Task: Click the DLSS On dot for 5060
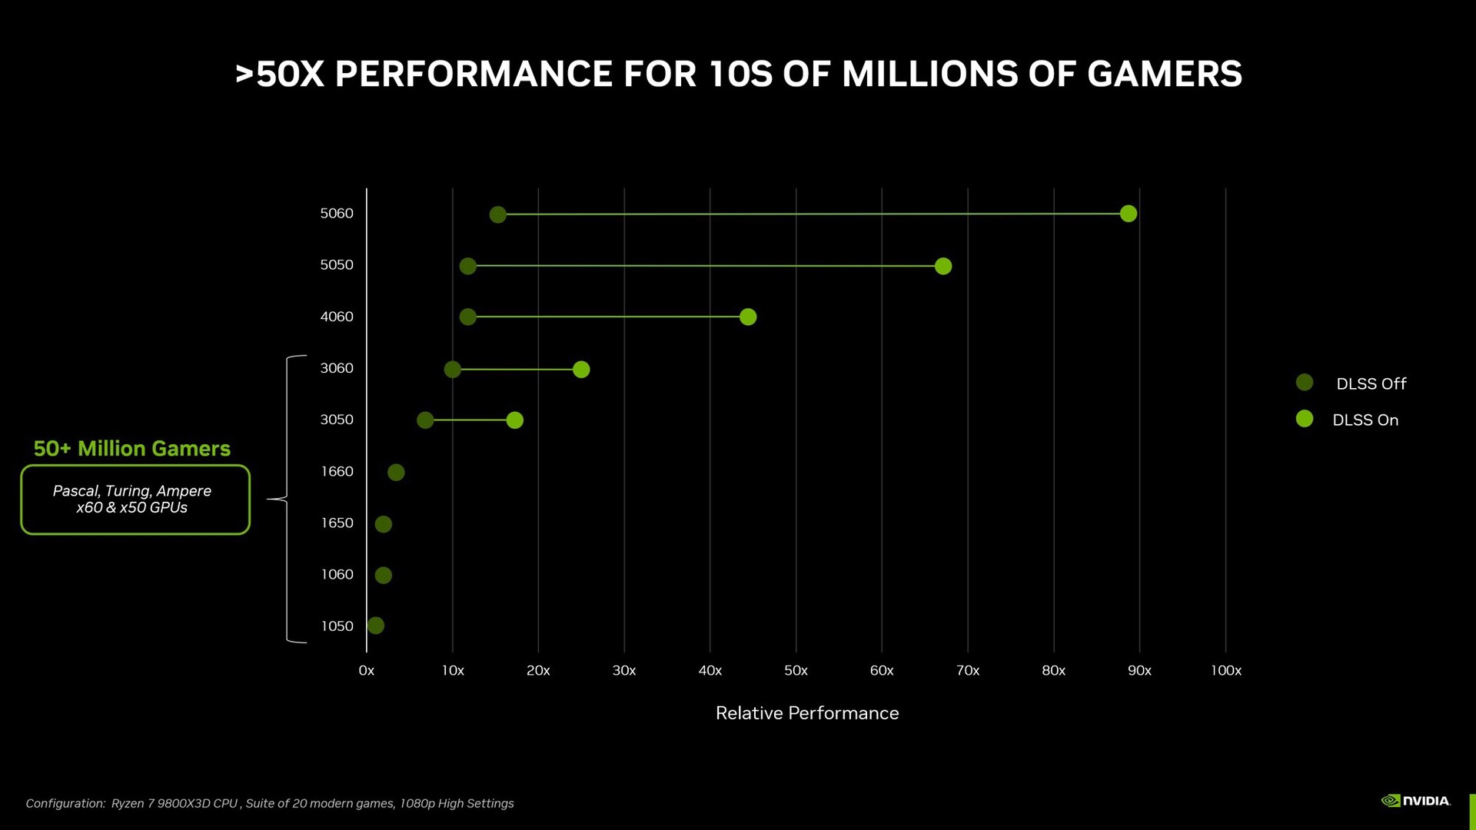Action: (1128, 214)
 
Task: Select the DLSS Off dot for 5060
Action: (497, 214)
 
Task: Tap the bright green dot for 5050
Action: (942, 266)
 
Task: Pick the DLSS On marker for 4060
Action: (747, 317)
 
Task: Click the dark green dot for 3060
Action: (452, 369)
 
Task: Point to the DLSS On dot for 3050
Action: (514, 420)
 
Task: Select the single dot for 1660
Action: (395, 472)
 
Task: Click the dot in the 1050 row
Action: (375, 626)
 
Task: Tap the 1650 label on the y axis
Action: (337, 523)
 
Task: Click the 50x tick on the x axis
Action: (796, 670)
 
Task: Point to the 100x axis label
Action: (1225, 670)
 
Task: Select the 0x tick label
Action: (367, 670)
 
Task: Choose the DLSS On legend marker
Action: (1304, 419)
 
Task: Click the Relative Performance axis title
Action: (806, 713)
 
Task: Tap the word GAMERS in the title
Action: (1164, 75)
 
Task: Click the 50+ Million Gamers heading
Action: (132, 449)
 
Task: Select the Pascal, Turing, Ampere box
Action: (135, 500)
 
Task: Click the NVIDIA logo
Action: (1415, 801)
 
